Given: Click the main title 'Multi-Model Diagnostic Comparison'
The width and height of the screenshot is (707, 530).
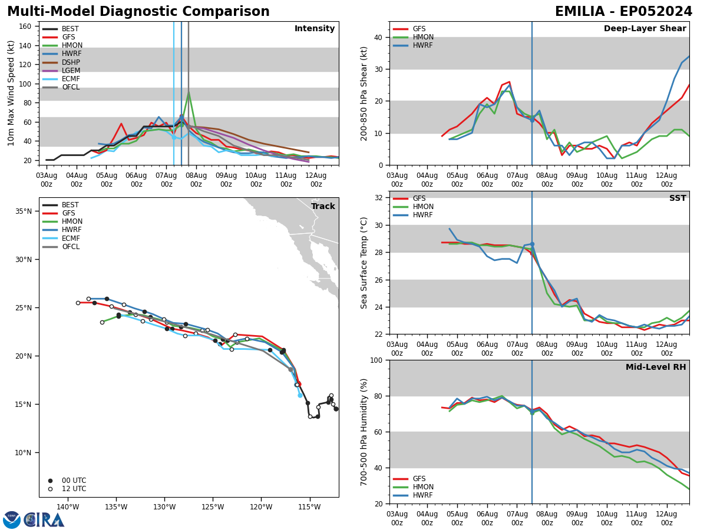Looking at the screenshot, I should click(138, 12).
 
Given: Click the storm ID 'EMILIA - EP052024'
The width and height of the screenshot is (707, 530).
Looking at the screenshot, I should click(623, 12).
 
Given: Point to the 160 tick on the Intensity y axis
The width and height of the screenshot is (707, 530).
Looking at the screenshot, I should click(27, 26).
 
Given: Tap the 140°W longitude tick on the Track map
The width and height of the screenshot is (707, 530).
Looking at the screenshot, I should click(68, 507).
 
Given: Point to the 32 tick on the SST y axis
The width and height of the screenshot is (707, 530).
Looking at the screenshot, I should click(378, 198).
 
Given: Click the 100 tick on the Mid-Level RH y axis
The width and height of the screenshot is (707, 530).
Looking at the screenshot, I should click(376, 360).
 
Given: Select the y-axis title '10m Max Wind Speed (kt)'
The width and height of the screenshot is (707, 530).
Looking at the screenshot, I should click(11, 92).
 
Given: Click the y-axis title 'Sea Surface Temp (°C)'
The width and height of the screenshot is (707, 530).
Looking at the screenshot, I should click(365, 263).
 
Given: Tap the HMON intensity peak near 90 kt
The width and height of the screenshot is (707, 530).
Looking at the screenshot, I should click(189, 93).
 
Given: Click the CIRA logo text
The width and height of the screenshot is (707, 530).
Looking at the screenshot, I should click(44, 519).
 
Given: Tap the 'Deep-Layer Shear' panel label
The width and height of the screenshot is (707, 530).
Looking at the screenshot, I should click(645, 29).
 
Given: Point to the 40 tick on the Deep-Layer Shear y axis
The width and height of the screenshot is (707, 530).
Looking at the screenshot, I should click(378, 37).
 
